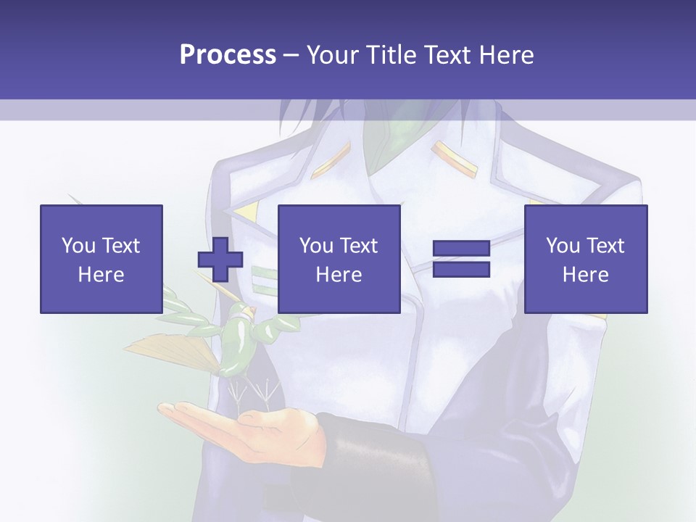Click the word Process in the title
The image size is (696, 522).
[x=228, y=55]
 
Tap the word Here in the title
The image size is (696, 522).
[x=507, y=55]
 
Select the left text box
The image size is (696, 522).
[x=101, y=259]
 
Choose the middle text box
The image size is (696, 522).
[x=339, y=259]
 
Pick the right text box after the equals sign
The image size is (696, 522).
[x=585, y=259]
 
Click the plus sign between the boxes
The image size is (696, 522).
[x=220, y=260]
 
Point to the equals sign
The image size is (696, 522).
[x=461, y=260]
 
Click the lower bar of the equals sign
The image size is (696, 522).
[x=461, y=270]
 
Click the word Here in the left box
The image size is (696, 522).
[x=101, y=275]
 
